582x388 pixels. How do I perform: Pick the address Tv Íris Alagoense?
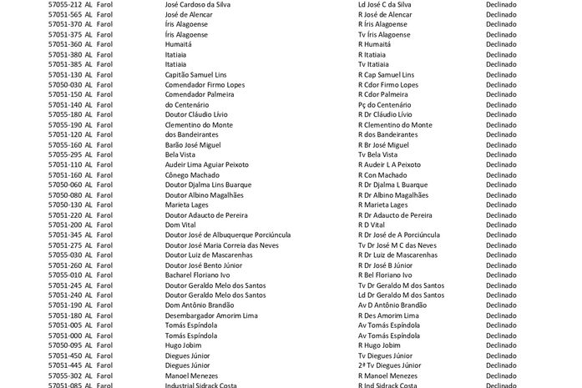pos(383,34)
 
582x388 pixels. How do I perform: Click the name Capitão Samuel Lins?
pos(201,74)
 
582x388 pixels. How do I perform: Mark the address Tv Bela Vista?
pos(377,154)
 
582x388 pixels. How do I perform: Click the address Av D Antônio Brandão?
pos(392,305)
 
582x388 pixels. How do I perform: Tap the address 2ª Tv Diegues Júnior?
pos(389,365)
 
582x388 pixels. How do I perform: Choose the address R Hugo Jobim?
pos(379,345)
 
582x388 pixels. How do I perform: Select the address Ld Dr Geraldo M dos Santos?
pos(401,295)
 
